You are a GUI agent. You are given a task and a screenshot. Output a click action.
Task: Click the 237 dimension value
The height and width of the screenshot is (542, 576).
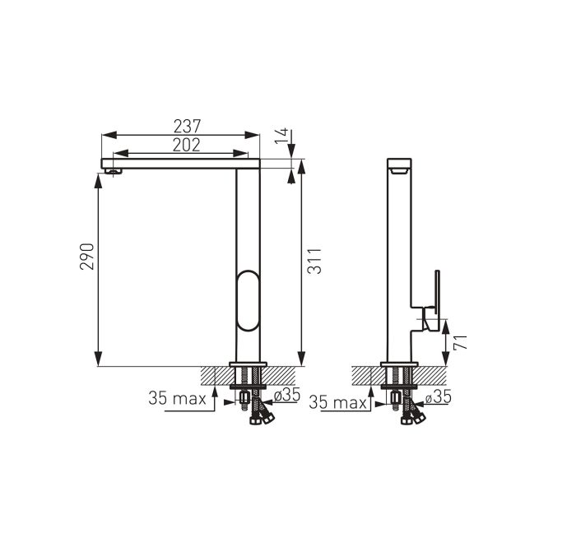click(x=188, y=127)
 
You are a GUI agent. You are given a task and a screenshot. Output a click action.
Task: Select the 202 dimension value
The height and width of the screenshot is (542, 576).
click(x=187, y=145)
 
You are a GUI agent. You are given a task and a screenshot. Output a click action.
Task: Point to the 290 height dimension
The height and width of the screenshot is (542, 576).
click(x=87, y=257)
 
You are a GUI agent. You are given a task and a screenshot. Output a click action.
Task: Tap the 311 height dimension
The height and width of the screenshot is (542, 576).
click(x=314, y=261)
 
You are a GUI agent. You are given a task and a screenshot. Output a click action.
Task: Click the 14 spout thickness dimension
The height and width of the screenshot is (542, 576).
click(x=282, y=137)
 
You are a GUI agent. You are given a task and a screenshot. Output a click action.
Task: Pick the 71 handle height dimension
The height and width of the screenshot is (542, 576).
click(x=460, y=342)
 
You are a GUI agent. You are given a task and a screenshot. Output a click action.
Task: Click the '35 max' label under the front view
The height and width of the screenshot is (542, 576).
click(x=177, y=398)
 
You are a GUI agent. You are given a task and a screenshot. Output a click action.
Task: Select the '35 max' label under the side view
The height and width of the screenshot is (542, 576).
click(x=337, y=403)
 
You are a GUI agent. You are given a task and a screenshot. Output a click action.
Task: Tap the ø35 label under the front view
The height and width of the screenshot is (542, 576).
click(x=287, y=395)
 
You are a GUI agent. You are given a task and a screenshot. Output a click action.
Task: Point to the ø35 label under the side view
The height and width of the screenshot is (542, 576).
click(x=439, y=396)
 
